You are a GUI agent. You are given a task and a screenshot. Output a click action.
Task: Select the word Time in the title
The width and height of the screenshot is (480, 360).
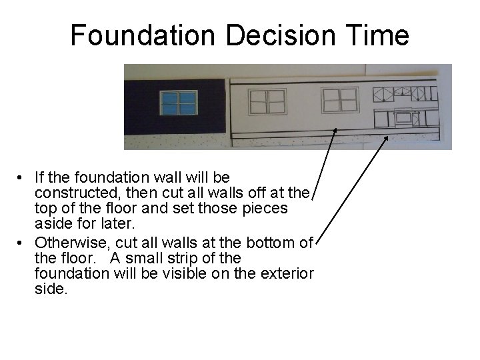tap(376, 35)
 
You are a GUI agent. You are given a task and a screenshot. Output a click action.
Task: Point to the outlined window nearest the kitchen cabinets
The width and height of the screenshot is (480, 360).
tap(340, 100)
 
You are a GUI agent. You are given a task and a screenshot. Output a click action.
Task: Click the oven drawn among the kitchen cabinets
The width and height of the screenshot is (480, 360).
tap(403, 118)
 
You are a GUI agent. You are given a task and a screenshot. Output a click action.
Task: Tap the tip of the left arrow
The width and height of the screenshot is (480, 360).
tap(335, 129)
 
